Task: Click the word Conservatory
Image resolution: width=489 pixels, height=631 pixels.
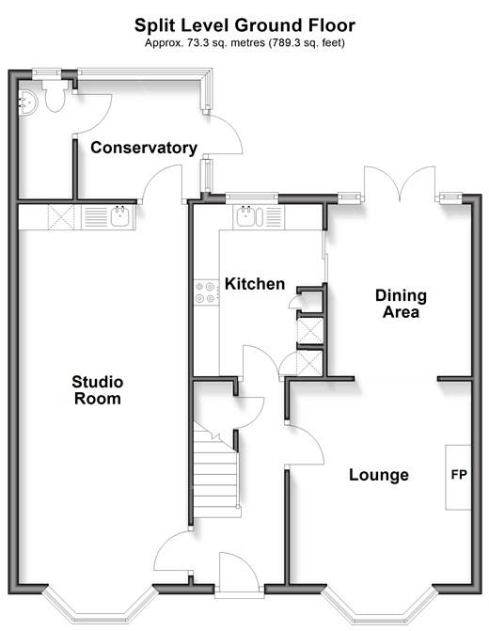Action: pos(144,148)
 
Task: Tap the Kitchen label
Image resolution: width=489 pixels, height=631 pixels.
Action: pos(255,284)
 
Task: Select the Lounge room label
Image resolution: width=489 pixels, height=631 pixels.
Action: pos(379,475)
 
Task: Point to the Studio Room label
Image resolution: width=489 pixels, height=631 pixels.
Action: pos(98,390)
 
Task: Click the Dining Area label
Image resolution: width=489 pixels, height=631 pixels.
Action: pos(401,304)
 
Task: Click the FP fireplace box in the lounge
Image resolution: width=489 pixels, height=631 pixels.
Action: pos(458,478)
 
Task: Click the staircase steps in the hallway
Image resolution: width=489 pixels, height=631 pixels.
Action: pos(216,474)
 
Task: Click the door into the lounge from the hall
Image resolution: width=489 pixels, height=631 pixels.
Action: pos(305,444)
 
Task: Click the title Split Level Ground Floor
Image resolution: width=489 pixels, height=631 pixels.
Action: pos(244,25)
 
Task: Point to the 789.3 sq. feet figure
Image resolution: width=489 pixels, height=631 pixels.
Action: pos(307,42)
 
